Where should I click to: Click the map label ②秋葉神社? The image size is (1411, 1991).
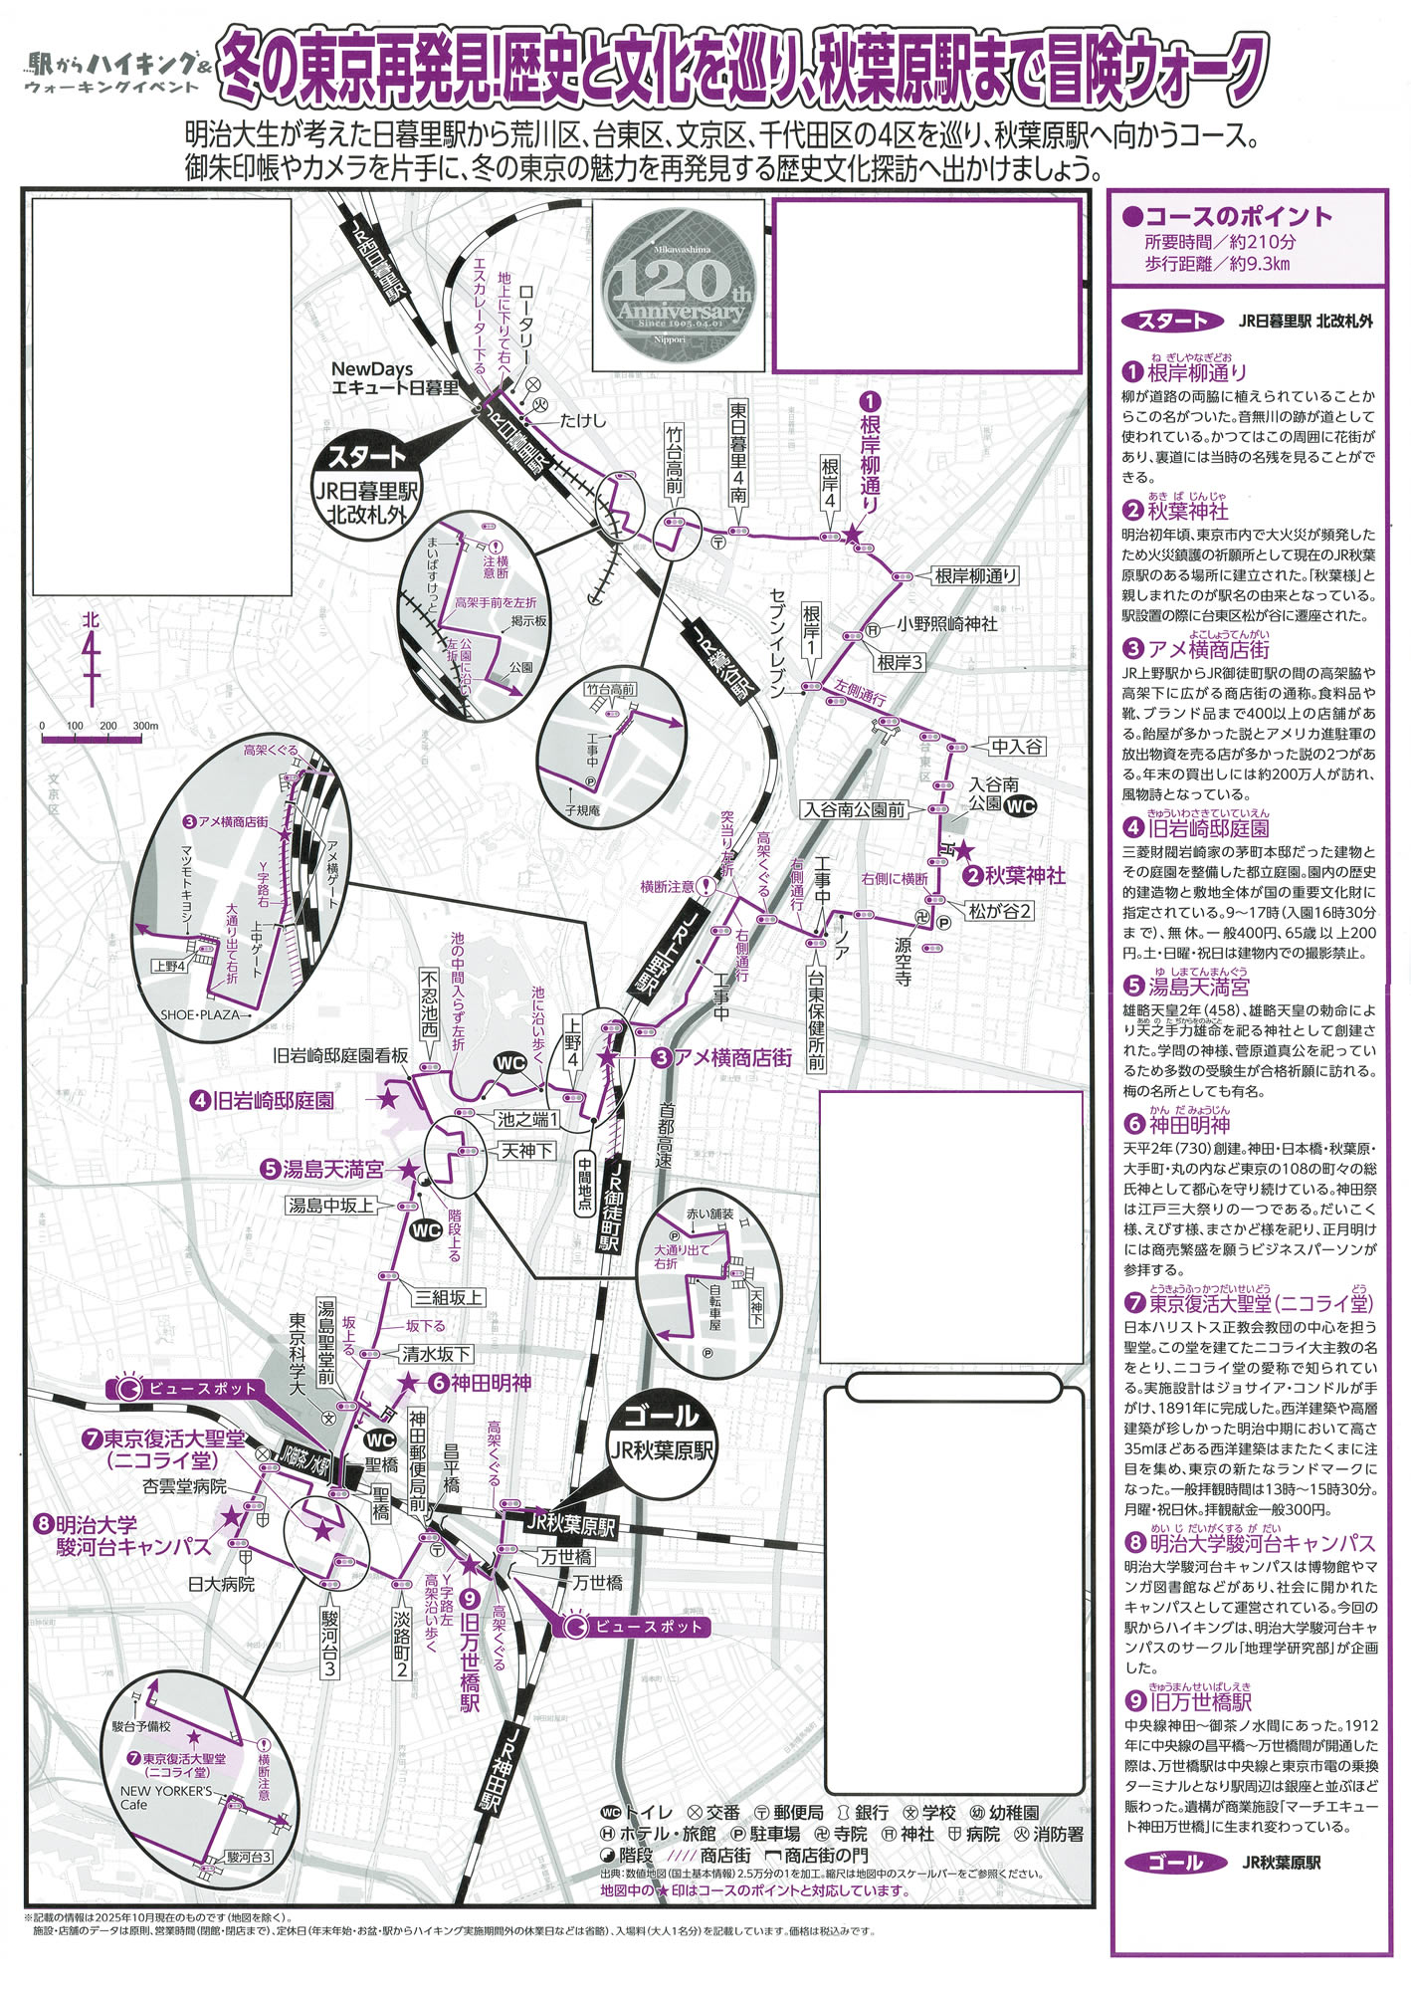tap(1014, 876)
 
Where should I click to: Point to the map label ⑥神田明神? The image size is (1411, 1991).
tap(479, 1383)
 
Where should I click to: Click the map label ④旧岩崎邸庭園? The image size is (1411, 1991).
tap(264, 1100)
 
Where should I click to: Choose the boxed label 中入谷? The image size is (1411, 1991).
tap(1017, 746)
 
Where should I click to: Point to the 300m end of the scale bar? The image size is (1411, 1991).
tap(143, 738)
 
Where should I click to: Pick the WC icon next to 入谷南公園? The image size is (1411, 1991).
tap(1020, 806)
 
